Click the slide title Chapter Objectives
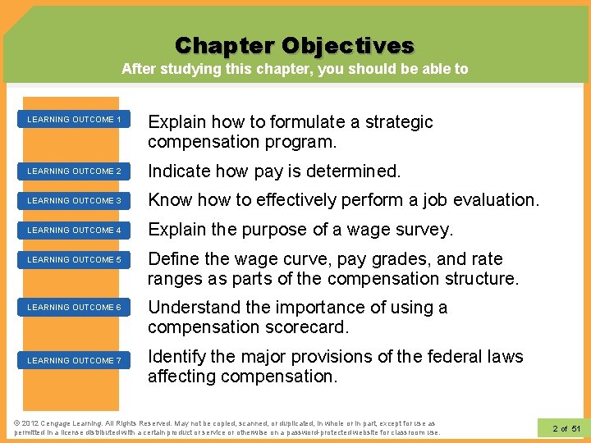(x=295, y=44)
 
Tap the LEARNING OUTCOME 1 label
(x=74, y=120)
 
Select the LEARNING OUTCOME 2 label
(x=74, y=171)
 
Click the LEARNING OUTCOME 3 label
(x=74, y=201)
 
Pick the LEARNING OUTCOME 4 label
(x=74, y=231)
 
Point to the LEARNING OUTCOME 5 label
(x=74, y=260)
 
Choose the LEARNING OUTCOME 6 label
(x=74, y=308)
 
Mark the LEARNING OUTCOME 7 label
(x=74, y=361)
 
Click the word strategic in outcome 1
(x=397, y=122)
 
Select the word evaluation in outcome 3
(x=497, y=200)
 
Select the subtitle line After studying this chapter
(x=295, y=69)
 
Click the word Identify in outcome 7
(x=176, y=357)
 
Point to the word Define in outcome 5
(x=172, y=259)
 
